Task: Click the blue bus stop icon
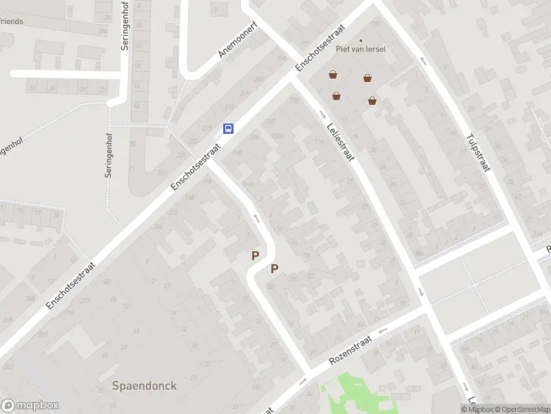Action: click(x=228, y=128)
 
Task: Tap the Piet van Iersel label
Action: click(x=360, y=49)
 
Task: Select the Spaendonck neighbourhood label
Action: click(x=144, y=386)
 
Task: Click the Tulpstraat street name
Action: click(x=477, y=152)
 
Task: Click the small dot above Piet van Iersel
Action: click(x=360, y=40)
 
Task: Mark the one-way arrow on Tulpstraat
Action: click(x=423, y=61)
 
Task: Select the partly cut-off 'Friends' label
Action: click(x=12, y=21)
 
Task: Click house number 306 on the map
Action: click(x=158, y=227)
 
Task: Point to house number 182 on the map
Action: click(x=271, y=121)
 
